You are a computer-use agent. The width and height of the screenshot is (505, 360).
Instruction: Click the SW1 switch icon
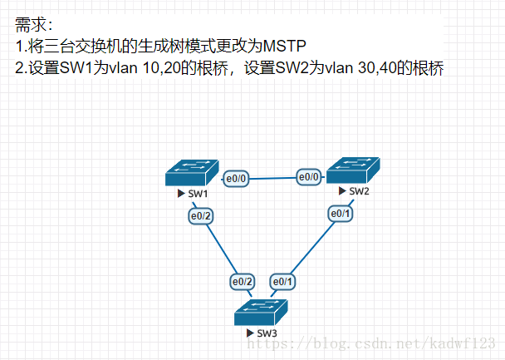(191, 172)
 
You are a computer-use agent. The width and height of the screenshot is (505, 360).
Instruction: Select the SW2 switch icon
(354, 170)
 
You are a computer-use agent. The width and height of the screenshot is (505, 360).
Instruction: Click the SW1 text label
(198, 195)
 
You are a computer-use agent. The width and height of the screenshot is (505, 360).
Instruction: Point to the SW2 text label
(359, 191)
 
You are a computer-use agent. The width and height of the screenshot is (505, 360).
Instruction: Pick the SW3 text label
(267, 333)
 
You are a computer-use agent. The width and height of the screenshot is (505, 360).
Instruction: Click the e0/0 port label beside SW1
(238, 178)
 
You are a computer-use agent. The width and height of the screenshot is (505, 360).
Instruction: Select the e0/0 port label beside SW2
(310, 176)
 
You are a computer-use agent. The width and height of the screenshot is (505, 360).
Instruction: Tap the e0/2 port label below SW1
(201, 216)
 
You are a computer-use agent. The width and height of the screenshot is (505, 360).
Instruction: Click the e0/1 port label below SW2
(341, 214)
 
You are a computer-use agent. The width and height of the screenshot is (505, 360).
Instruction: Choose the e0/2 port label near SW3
(243, 282)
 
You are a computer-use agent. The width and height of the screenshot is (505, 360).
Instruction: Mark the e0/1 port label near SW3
(283, 282)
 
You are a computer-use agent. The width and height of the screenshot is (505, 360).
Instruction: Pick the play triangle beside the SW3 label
(250, 333)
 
